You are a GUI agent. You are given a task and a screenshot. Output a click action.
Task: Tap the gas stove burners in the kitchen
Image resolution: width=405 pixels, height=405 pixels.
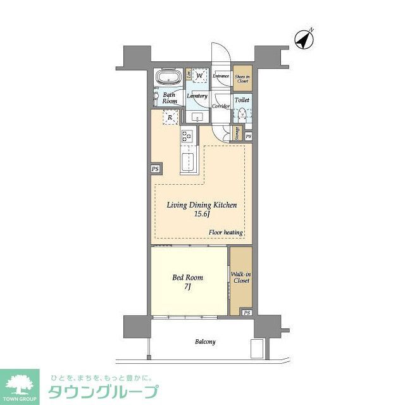(187, 135)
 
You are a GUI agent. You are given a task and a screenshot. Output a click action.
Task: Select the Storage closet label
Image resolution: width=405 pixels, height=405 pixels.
(237, 134)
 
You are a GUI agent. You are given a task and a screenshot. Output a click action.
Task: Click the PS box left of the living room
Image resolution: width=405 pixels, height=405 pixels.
(156, 169)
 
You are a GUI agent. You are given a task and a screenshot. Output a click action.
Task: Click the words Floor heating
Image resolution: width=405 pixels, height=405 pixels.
(226, 232)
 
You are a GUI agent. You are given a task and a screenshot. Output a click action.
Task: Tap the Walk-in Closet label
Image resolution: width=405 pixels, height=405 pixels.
(240, 277)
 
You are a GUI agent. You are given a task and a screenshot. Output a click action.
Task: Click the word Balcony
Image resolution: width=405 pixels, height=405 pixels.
(204, 342)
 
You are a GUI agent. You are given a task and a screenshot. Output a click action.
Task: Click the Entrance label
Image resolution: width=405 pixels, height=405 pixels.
(221, 77)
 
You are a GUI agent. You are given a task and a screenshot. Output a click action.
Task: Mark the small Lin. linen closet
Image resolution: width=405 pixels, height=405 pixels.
(189, 73)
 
